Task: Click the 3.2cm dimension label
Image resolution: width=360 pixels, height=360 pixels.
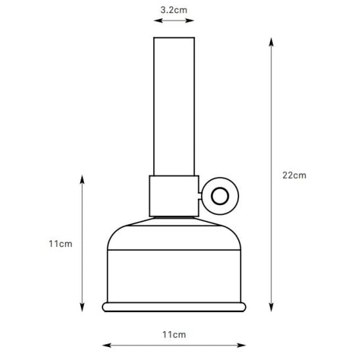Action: coord(173,10)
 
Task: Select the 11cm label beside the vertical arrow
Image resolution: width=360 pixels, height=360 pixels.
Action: coord(60,243)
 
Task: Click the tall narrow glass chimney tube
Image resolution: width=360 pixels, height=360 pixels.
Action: coord(174,105)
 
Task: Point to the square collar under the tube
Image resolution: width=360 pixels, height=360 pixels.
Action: coord(174,196)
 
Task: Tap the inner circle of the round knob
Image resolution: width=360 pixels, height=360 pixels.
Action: coord(218,195)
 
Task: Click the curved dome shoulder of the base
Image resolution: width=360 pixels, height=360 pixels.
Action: coord(174,233)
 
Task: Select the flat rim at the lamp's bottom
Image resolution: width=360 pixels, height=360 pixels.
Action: coord(174,306)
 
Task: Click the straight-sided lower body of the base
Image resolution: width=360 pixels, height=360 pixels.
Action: coord(174,276)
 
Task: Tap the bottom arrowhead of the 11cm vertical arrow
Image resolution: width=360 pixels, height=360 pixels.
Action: coord(82,309)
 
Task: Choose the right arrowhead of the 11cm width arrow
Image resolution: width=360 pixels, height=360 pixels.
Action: coord(244,345)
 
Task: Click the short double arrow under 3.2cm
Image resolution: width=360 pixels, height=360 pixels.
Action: coord(174,22)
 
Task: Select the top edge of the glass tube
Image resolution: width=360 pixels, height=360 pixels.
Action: coord(174,38)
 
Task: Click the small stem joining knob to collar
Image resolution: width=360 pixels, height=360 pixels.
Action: coord(200,195)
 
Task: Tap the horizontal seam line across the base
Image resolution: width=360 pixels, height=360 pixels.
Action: coord(174,250)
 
